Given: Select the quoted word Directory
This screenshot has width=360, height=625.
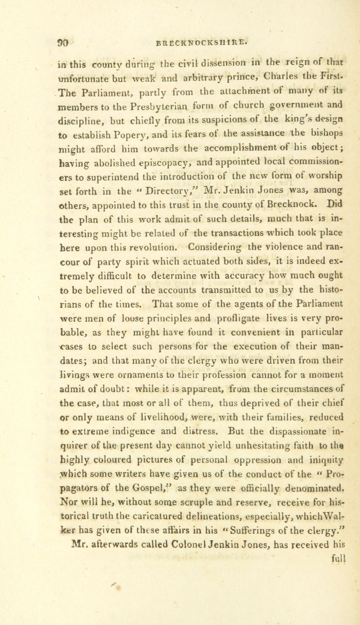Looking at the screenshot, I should click(165, 191).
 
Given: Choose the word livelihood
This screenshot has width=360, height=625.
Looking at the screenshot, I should click(165, 417).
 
